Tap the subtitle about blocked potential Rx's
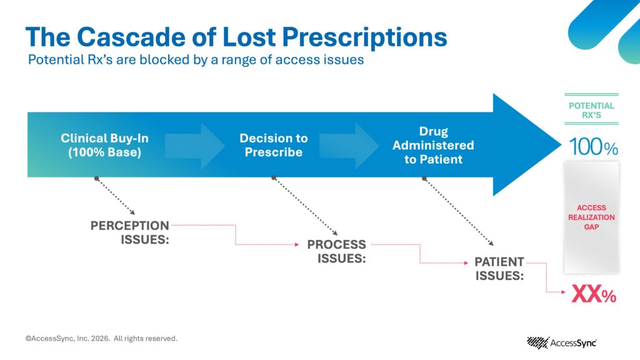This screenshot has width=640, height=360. coord(196,60)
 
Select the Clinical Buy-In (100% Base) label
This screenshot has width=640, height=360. coord(104,145)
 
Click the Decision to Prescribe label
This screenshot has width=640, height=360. coord(274,145)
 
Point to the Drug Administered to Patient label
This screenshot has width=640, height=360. coord(434,145)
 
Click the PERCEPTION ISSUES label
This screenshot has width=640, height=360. coord(130,232)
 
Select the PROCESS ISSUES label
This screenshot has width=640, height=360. coord(337,251)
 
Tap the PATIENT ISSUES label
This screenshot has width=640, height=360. coord(499,269)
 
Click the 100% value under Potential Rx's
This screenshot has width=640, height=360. coord(594,146)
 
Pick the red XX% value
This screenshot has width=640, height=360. coord(594,294)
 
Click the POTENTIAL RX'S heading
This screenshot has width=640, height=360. coord(591,110)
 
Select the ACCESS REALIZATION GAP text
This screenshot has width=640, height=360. coord(591,217)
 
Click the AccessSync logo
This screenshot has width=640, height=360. coord(562,343)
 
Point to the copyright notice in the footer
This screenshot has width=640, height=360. coord(101,338)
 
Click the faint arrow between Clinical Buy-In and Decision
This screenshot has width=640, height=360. coord(195,145)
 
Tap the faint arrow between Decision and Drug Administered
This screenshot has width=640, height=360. coord(349,145)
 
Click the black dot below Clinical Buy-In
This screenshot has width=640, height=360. coord(96,178)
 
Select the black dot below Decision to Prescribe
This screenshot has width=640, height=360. coord(274,178)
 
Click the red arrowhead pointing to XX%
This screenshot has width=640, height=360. coord(564,292)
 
